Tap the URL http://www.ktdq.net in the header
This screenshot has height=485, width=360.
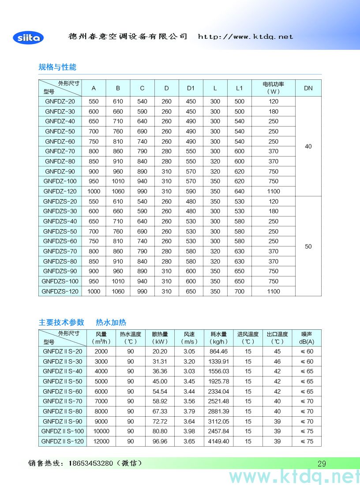(245, 37)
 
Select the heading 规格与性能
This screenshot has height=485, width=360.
(57, 67)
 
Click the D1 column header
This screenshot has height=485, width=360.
(191, 88)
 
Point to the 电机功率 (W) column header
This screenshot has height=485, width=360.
(273, 88)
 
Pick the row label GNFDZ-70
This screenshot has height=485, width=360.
(60, 151)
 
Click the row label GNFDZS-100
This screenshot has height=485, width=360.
(60, 281)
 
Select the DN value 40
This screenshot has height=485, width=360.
(308, 146)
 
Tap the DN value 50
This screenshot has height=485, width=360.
(308, 246)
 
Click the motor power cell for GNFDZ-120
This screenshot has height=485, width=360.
(273, 191)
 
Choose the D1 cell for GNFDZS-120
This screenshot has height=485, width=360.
(191, 291)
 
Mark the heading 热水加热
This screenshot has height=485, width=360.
(111, 322)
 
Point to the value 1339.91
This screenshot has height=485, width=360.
(219, 362)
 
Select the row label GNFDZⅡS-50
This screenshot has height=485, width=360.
(63, 381)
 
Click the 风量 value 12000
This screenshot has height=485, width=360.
(101, 441)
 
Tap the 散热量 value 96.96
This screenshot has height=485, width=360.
(160, 441)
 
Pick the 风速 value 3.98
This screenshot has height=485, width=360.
(189, 431)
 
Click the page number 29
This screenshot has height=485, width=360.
(322, 463)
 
